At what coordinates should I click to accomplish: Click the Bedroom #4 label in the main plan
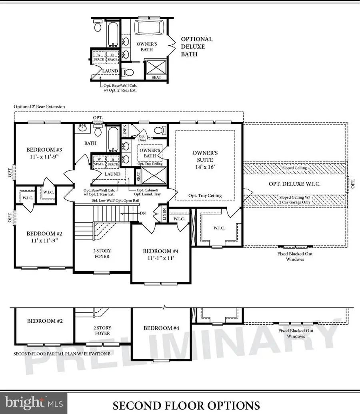[x=160, y=255]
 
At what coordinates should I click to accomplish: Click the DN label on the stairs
[x=143, y=213]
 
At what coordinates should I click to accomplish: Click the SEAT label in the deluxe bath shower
[x=156, y=77]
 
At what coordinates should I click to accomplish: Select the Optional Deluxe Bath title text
[x=196, y=46]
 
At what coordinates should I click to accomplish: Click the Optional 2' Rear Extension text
[x=39, y=107]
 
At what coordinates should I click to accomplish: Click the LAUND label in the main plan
[x=112, y=174]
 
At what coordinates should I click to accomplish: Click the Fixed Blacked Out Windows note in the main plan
[x=295, y=256]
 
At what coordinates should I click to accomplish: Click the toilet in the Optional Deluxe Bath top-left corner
[x=98, y=27]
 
